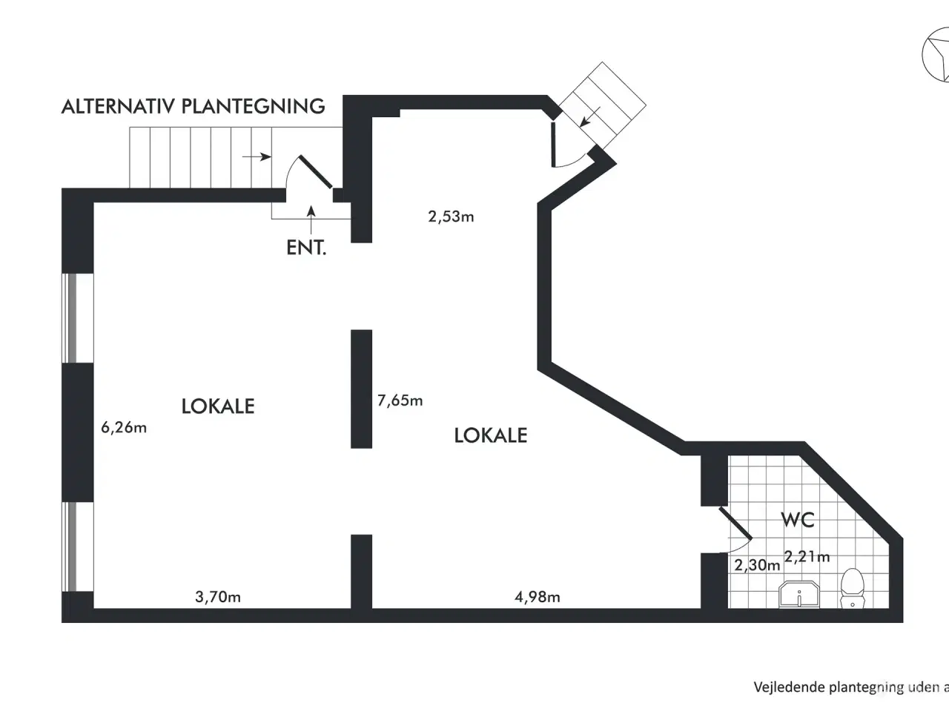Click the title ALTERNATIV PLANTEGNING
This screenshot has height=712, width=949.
pyautogui.click(x=193, y=106)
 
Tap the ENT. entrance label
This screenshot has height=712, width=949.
pyautogui.click(x=306, y=248)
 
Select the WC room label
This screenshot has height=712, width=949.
pyautogui.click(x=798, y=519)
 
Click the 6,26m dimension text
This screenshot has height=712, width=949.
pyautogui.click(x=124, y=427)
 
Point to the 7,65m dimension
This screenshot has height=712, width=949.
pyautogui.click(x=400, y=400)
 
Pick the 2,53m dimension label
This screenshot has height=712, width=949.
pyautogui.click(x=451, y=216)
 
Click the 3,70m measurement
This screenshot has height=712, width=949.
pyautogui.click(x=218, y=596)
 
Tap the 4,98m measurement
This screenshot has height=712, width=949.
pyautogui.click(x=538, y=596)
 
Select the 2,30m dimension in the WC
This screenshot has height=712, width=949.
pyautogui.click(x=757, y=564)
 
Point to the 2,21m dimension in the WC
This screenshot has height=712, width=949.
pyautogui.click(x=807, y=556)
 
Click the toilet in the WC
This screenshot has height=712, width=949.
pyautogui.click(x=852, y=588)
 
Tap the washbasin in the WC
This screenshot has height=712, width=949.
pyautogui.click(x=799, y=594)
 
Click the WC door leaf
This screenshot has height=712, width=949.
pyautogui.click(x=735, y=523)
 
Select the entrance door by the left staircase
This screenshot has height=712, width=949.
pyautogui.click(x=316, y=171)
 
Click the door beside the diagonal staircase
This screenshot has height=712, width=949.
pyautogui.click(x=553, y=145)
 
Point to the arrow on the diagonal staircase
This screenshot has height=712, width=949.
pyautogui.click(x=589, y=116)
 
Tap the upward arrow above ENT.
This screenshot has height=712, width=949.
pyautogui.click(x=311, y=220)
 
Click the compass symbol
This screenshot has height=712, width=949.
pyautogui.click(x=936, y=54)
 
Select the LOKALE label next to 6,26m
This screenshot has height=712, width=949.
pyautogui.click(x=218, y=406)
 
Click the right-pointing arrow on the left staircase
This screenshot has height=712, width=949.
pyautogui.click(x=257, y=156)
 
